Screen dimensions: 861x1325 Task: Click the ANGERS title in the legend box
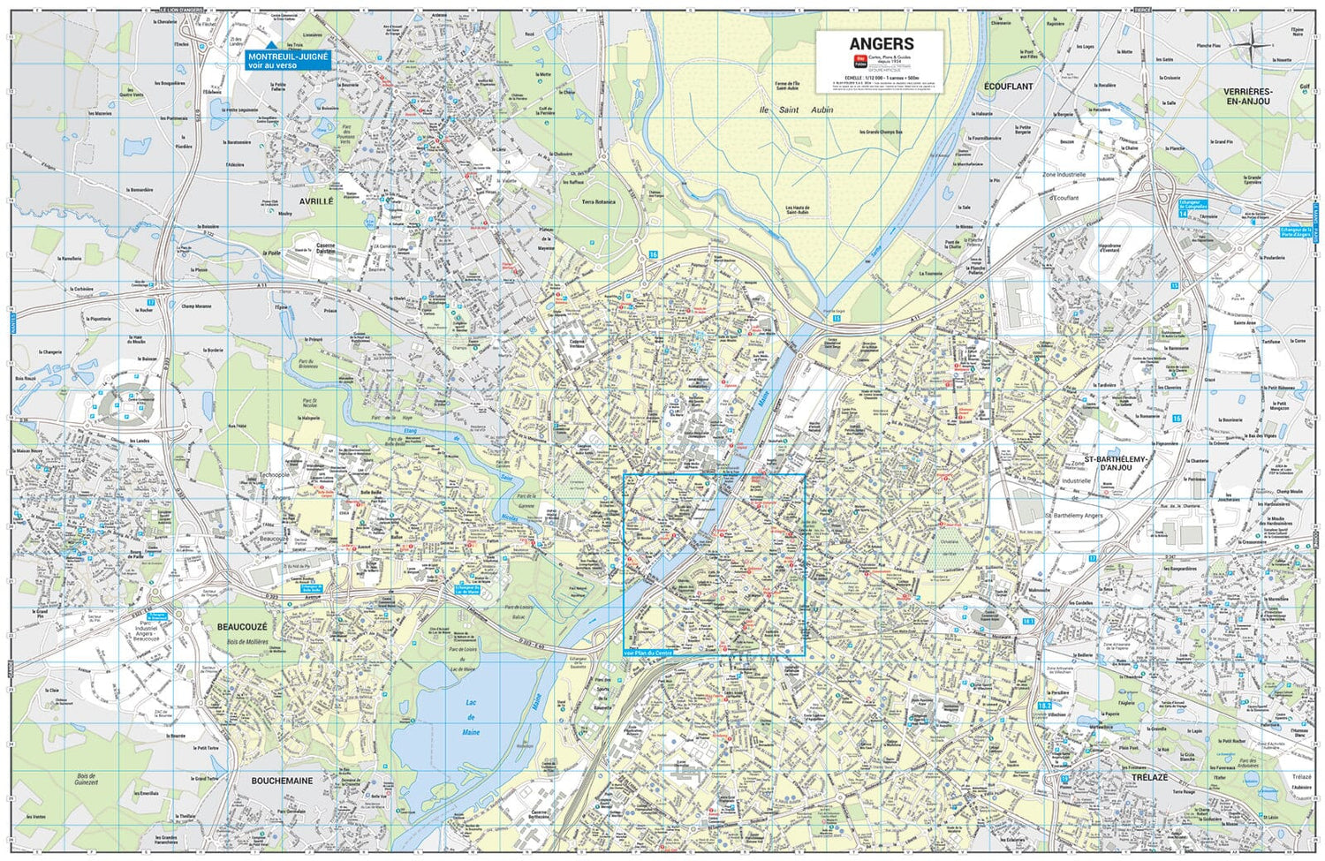(881, 43)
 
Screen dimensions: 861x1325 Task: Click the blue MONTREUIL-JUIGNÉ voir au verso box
(288, 60)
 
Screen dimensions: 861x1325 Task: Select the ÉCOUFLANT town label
(1008, 87)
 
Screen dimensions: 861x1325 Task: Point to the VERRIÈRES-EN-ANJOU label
(1246, 96)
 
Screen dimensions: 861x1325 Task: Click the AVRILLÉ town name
(315, 200)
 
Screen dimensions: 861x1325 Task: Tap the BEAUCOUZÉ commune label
(242, 626)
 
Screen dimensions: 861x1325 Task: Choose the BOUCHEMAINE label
(282, 781)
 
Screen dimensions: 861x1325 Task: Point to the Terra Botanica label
(598, 201)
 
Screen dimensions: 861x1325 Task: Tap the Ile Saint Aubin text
(796, 110)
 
